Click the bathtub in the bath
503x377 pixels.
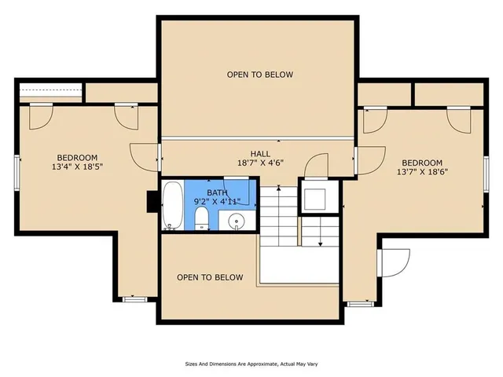click(172, 206)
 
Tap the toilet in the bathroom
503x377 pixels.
click(202, 219)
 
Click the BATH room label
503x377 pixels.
click(218, 192)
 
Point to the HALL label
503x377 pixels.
click(260, 154)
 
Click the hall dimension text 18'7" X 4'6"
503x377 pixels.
click(260, 163)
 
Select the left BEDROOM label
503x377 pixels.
click(77, 157)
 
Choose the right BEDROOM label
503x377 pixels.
click(422, 163)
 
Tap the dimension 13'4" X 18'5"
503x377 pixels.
click(77, 167)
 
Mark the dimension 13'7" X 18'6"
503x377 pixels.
click(422, 173)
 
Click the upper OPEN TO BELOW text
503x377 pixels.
click(260, 75)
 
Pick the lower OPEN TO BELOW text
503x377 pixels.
click(210, 277)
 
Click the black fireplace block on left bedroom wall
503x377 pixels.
click(152, 203)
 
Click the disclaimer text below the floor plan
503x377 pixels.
click(251, 364)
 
